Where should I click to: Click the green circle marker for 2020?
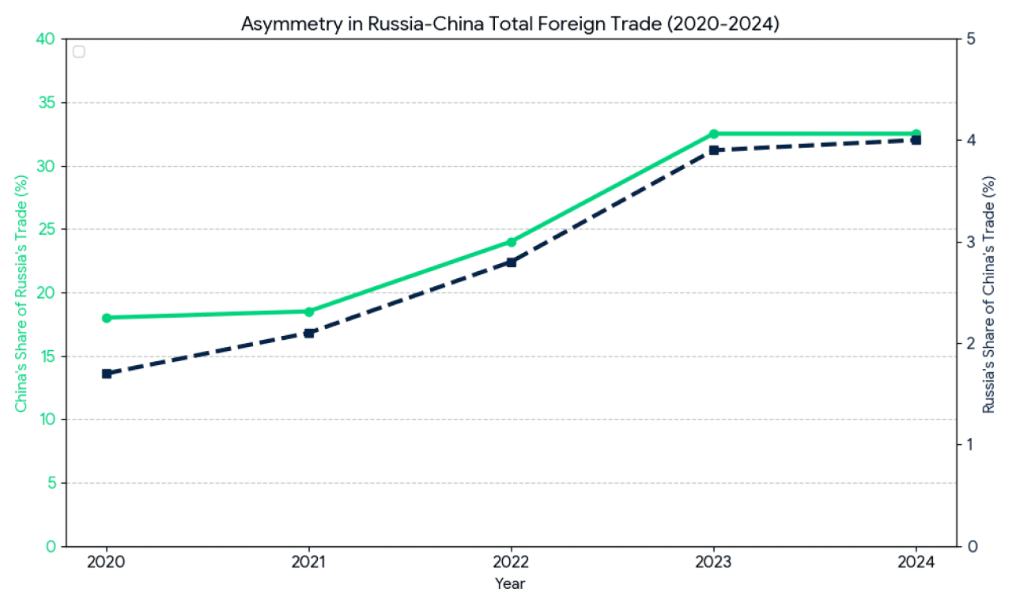click(x=107, y=318)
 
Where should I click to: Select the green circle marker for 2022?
click(x=512, y=242)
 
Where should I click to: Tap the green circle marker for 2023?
click(x=714, y=134)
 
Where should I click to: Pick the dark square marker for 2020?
click(x=107, y=374)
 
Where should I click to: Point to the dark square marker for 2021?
click(x=309, y=333)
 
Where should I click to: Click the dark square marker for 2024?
click(x=916, y=140)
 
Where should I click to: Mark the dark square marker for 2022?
click(x=512, y=262)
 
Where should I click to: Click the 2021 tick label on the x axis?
click(x=309, y=563)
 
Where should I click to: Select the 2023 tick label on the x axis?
click(x=714, y=563)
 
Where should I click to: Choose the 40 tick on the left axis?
click(x=47, y=40)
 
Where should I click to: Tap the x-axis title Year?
click(x=511, y=584)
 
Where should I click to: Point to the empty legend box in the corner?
click(x=78, y=52)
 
